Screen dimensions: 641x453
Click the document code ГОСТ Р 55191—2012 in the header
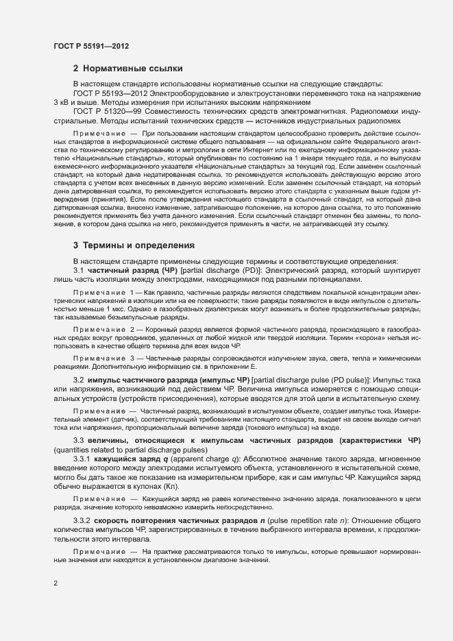[x=91, y=45]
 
